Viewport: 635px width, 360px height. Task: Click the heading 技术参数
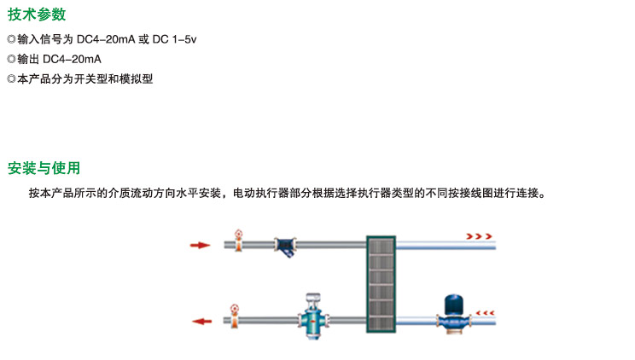36,15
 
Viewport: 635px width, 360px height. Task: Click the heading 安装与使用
43,168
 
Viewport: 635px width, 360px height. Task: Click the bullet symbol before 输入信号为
11,39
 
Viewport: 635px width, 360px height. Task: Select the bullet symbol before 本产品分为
11,79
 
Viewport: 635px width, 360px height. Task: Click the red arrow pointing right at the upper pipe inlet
201,246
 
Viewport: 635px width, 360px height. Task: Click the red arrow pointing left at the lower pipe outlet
201,322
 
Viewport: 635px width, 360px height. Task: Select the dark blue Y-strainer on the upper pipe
285,246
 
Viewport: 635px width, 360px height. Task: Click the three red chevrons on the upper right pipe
479,235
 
